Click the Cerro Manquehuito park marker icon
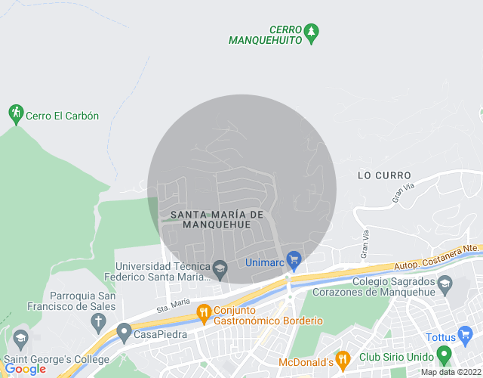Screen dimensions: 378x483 coord(312,32)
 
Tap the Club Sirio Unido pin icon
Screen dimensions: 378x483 coord(444,354)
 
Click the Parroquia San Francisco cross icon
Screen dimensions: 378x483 coord(97,321)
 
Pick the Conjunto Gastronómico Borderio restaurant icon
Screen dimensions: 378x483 coord(203,311)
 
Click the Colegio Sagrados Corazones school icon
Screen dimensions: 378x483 coord(445,285)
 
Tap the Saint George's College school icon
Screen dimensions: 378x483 coord(20,336)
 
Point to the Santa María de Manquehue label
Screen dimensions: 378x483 coord(217,219)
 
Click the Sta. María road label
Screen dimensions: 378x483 coord(173,305)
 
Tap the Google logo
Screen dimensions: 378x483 coord(25,368)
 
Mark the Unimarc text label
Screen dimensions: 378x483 coord(263,263)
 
